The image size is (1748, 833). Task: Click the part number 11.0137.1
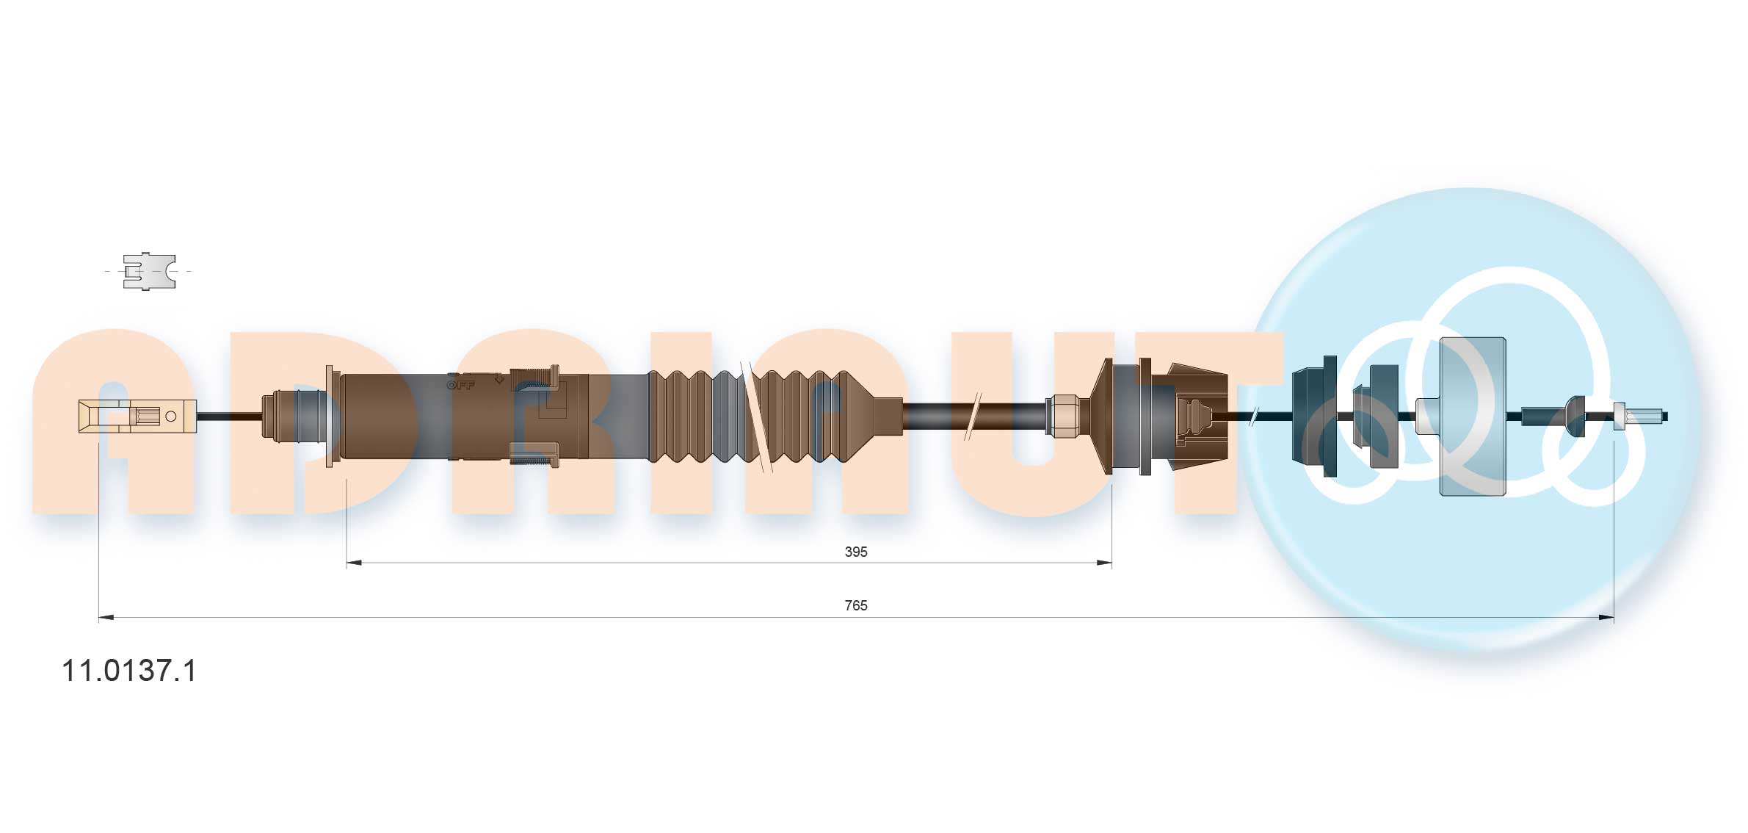(129, 671)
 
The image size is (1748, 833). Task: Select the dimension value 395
(855, 552)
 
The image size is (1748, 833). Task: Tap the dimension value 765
(855, 605)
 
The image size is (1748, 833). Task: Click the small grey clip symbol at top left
(149, 271)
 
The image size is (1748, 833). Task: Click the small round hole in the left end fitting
(171, 416)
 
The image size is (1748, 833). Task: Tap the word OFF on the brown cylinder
(461, 384)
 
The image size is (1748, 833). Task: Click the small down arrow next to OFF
(498, 379)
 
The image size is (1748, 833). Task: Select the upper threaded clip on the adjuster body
(534, 376)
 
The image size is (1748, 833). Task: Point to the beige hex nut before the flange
(1062, 416)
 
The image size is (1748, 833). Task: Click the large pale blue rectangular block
(1472, 416)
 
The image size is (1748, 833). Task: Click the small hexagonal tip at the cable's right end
(1620, 416)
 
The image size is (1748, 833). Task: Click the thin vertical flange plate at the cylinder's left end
(329, 416)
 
